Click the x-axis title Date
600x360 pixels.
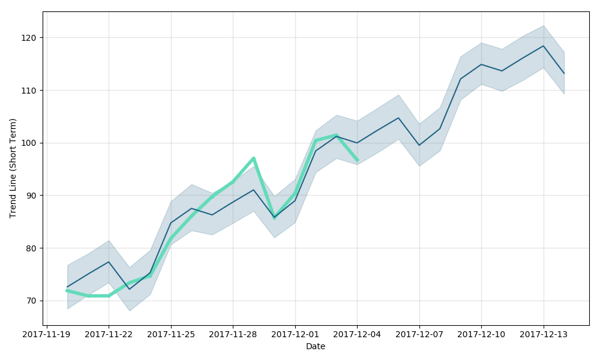316,347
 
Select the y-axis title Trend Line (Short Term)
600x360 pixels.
13,168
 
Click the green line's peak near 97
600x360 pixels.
254,158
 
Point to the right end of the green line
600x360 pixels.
357,160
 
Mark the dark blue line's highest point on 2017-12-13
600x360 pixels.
543,46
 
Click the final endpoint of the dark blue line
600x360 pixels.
564,73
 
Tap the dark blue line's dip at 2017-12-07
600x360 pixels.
419,145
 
